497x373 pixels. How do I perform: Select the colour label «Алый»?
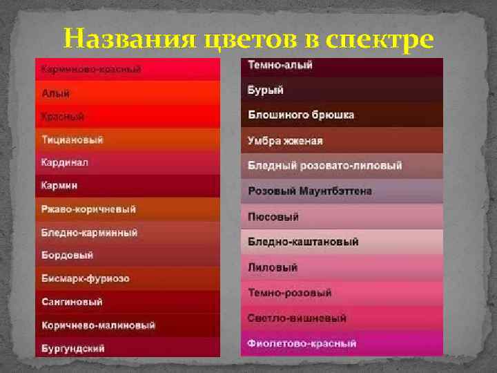pos(55,93)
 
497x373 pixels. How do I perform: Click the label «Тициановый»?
pos(72,140)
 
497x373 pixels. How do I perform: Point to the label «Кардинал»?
pos(65,162)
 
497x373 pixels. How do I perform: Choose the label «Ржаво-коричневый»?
pos(88,209)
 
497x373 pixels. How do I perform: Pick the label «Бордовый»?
pos(67,255)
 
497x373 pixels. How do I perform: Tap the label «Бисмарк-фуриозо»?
pos(85,278)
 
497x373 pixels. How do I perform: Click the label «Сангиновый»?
pos(72,302)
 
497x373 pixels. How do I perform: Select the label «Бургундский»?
pos(73,348)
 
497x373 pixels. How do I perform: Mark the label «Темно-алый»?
pos(280,66)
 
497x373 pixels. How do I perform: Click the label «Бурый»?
pos(266,90)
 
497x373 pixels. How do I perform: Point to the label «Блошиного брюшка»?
pos(301,115)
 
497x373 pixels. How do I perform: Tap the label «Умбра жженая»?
pos(285,141)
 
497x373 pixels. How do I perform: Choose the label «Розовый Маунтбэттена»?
pos(310,191)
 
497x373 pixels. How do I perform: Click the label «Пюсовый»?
pos(273,217)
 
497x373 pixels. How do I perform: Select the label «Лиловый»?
pos(273,267)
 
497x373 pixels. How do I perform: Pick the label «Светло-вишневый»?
pos(297,318)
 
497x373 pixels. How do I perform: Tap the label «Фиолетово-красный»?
pos(302,343)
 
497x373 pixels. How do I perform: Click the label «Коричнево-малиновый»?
pos(98,325)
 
